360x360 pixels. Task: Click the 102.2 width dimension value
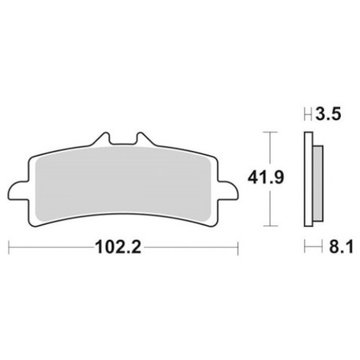coord(118,247)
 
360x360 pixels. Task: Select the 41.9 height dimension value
coord(266,178)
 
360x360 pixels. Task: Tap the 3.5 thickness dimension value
coord(328,115)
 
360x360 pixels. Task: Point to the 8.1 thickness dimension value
coord(341,247)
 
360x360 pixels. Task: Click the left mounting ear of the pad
coord(18,190)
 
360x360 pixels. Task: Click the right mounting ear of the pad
coord(228,190)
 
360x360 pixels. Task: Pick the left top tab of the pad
coord(102,139)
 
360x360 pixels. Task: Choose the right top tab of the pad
coord(143,139)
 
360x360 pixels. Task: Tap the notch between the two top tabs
coord(123,143)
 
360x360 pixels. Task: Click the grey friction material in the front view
coord(123,183)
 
